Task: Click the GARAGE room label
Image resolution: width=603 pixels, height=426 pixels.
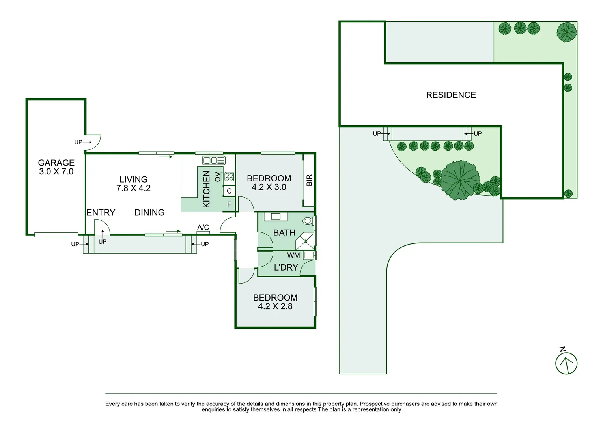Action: (x=56, y=163)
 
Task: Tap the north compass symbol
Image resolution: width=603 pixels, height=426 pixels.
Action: (x=566, y=363)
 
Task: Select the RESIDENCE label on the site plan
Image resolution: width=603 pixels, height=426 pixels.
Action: (x=451, y=95)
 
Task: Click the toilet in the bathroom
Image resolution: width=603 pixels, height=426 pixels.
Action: (x=307, y=221)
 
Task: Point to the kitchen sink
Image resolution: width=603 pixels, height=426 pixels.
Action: (x=213, y=160)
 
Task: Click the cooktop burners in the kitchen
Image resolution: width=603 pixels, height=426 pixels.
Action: (x=229, y=177)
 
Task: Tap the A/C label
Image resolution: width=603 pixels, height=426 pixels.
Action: (x=203, y=227)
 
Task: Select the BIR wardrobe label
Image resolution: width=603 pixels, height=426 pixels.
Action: (x=309, y=180)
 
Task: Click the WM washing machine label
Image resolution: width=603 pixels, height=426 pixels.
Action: (x=293, y=255)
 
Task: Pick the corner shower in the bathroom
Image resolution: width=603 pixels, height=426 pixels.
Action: (x=305, y=241)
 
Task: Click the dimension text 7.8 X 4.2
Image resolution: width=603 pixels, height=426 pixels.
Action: (x=133, y=188)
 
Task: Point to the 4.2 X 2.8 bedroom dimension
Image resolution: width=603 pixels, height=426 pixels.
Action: (x=275, y=306)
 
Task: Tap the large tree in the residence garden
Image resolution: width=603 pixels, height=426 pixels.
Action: (x=460, y=180)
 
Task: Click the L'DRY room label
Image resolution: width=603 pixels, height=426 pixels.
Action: (x=286, y=267)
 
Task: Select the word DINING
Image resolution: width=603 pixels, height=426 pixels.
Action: (x=149, y=213)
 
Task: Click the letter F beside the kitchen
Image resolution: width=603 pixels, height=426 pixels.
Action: (x=229, y=204)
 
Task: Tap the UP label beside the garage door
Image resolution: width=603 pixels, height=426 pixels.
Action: (x=78, y=142)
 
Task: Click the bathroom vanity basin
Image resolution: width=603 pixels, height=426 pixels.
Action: (x=276, y=217)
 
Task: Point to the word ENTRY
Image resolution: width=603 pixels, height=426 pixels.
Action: (x=101, y=213)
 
